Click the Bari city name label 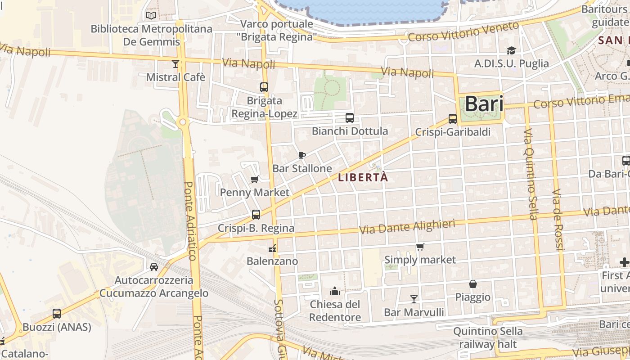click(484, 104)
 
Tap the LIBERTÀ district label click(363, 177)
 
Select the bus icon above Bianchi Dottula click(350, 118)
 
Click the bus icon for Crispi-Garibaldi click(453, 119)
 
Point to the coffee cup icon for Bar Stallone click(302, 155)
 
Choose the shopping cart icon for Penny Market click(254, 180)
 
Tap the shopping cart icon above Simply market click(420, 247)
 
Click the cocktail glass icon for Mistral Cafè click(175, 64)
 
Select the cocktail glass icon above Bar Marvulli click(414, 299)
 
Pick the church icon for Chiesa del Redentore click(334, 291)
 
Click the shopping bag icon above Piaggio click(473, 284)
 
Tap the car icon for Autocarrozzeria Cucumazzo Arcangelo click(154, 266)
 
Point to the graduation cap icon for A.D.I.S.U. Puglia click(511, 50)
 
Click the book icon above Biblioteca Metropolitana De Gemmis click(151, 16)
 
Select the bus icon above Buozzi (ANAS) click(57, 314)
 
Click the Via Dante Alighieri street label click(407, 226)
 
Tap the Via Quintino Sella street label click(530, 174)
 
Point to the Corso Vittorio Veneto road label click(463, 32)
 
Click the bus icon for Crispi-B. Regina click(256, 215)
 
